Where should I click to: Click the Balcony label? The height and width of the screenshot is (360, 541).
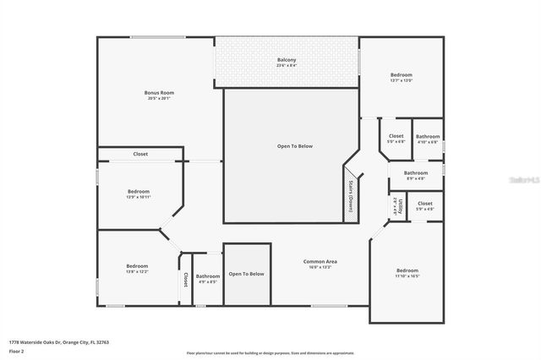click(287, 60)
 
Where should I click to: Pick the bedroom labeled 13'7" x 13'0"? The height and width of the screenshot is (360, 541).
click(401, 75)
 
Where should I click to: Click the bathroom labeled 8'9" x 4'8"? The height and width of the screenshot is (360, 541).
click(415, 174)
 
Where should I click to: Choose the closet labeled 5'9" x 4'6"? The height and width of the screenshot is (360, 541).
click(424, 205)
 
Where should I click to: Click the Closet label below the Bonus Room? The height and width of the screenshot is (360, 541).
click(140, 154)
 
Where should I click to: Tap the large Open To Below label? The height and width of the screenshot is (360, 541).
click(295, 146)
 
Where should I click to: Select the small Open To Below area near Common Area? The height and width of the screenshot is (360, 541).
click(247, 274)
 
